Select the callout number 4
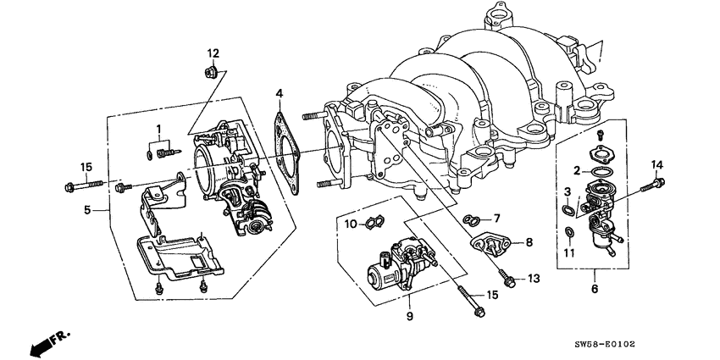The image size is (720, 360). pos(279,93)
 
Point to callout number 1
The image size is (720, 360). pos(158,130)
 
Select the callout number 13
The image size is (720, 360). pos(533,278)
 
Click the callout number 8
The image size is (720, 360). pos(529,242)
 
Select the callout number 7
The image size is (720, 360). pos(497,218)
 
